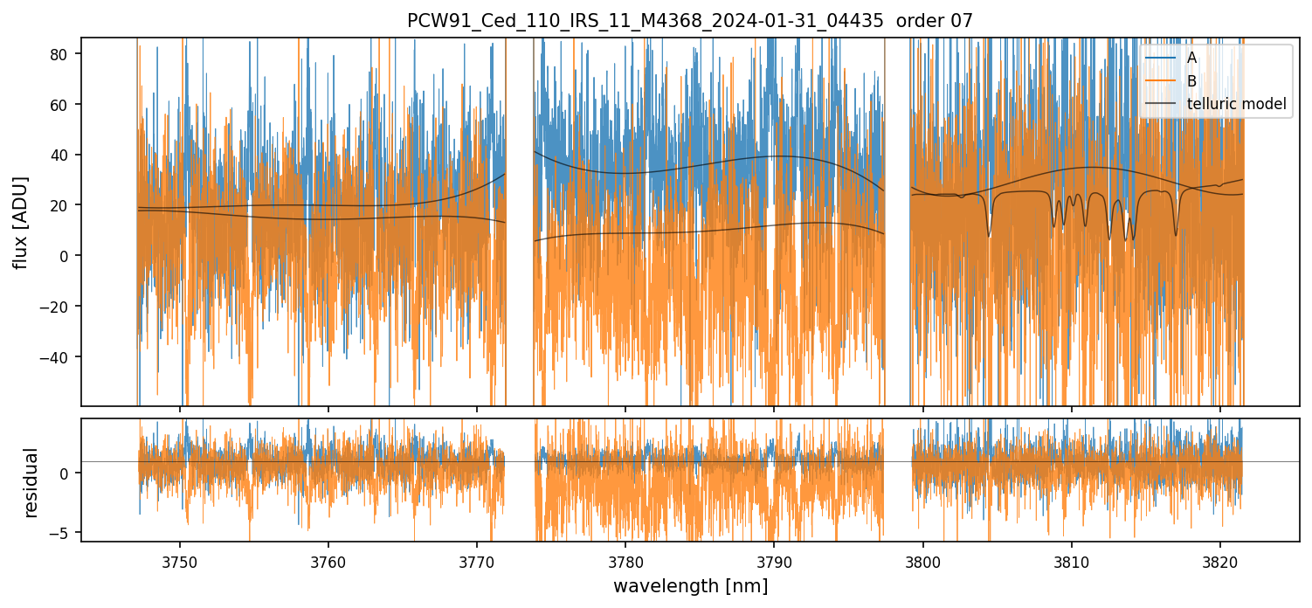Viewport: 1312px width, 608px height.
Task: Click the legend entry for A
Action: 1191,58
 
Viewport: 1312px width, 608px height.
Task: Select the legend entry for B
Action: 1191,81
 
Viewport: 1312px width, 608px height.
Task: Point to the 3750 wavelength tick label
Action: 180,560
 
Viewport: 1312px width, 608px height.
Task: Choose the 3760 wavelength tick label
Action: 328,560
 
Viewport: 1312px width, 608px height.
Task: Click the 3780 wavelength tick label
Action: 625,560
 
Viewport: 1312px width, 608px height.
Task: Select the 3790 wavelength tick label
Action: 774,560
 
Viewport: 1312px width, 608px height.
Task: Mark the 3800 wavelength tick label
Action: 923,560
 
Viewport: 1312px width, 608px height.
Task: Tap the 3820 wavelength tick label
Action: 1220,560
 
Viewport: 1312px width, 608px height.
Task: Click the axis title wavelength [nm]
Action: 690,585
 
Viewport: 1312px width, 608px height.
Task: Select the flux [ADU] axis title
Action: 20,222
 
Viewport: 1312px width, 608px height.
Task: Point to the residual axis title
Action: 31,482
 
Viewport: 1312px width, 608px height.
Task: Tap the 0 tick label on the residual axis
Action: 71,473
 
